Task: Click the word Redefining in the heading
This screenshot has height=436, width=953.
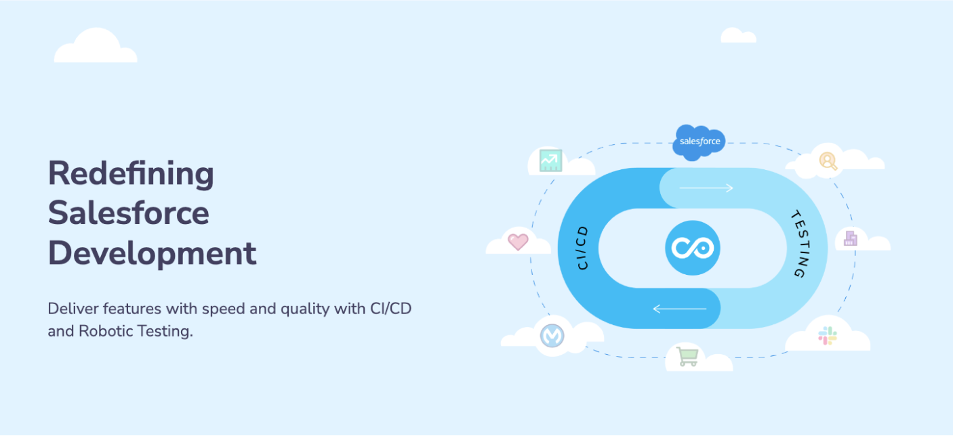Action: pos(131,174)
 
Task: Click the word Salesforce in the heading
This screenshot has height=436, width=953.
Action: pos(128,213)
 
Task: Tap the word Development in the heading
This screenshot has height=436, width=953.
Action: pos(152,254)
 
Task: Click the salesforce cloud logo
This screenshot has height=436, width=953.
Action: pos(700,142)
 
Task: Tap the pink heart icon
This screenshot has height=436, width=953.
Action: pos(518,242)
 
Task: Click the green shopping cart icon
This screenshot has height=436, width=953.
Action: pos(687,356)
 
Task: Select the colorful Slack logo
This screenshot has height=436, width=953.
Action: pos(828,336)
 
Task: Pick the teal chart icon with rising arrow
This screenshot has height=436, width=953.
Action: pos(550,160)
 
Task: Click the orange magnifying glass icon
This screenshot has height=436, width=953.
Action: pos(828,160)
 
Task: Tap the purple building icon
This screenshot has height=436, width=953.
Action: pos(850,238)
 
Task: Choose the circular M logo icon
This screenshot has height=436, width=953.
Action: pos(552,336)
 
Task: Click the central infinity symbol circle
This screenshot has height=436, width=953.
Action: pos(692,248)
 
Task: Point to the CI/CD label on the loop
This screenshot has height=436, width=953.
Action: pos(582,248)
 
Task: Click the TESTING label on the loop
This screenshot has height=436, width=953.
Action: pos(800,245)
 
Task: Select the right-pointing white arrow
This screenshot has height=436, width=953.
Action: pos(706,188)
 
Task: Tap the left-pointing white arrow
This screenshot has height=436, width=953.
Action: pos(679,309)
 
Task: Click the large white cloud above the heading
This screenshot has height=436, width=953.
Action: pos(96,47)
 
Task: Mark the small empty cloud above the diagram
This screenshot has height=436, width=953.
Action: pos(737,36)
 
